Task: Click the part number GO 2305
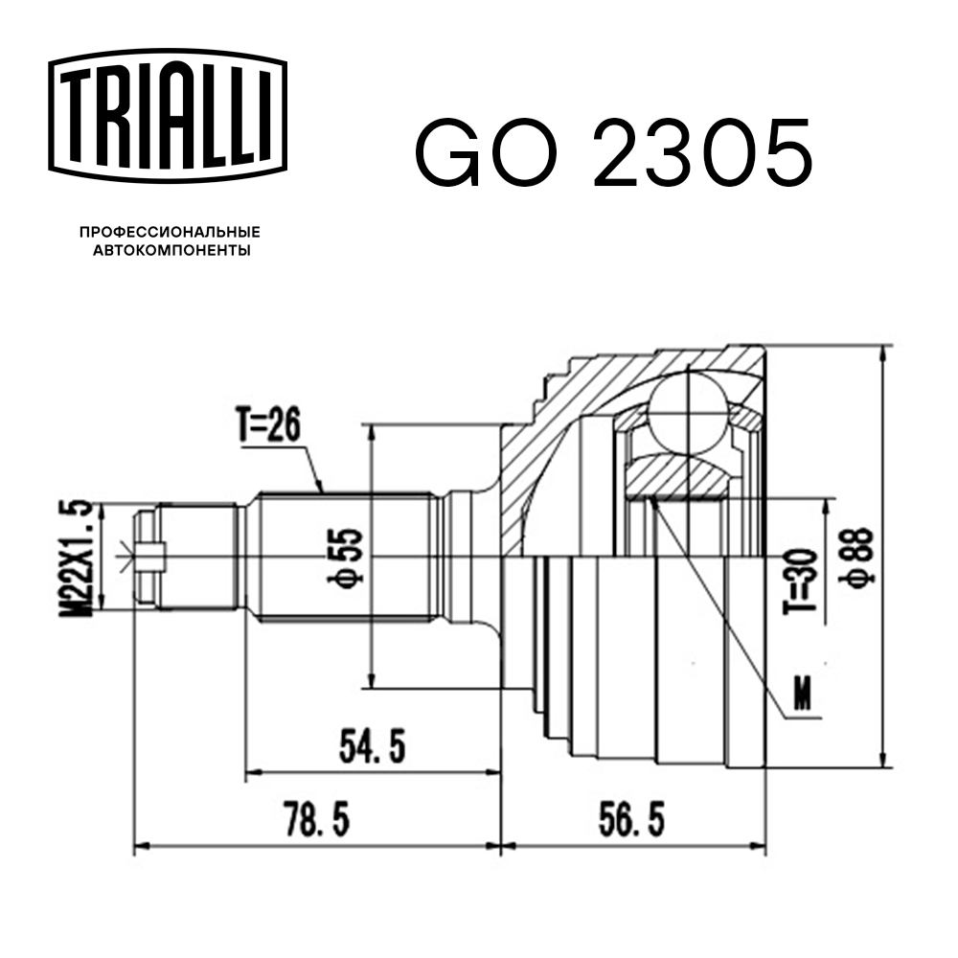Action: tap(613, 153)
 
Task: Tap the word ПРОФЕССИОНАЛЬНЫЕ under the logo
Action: tap(170, 232)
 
